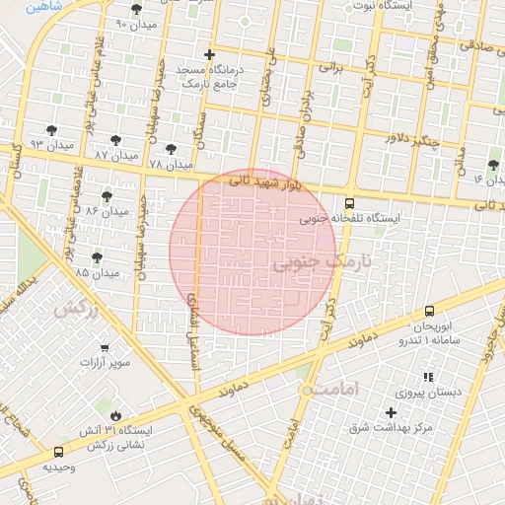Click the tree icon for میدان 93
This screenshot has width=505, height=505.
51,129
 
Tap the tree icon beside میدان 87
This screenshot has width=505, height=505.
116,140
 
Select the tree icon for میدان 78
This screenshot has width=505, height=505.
171,148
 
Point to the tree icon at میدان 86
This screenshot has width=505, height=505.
107,196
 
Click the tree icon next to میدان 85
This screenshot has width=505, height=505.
97,257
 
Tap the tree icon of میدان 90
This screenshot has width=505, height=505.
136,9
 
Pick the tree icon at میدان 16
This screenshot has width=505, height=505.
494,164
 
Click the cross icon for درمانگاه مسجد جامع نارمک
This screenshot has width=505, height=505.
208,55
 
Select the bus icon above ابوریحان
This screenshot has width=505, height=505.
429,311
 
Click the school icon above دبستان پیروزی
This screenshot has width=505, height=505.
427,377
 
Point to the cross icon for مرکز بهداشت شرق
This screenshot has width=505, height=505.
392,412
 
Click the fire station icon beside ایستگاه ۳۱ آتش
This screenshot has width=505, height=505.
116,416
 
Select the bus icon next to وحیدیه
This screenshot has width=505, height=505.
58,452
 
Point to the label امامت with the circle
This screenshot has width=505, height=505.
328,391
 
